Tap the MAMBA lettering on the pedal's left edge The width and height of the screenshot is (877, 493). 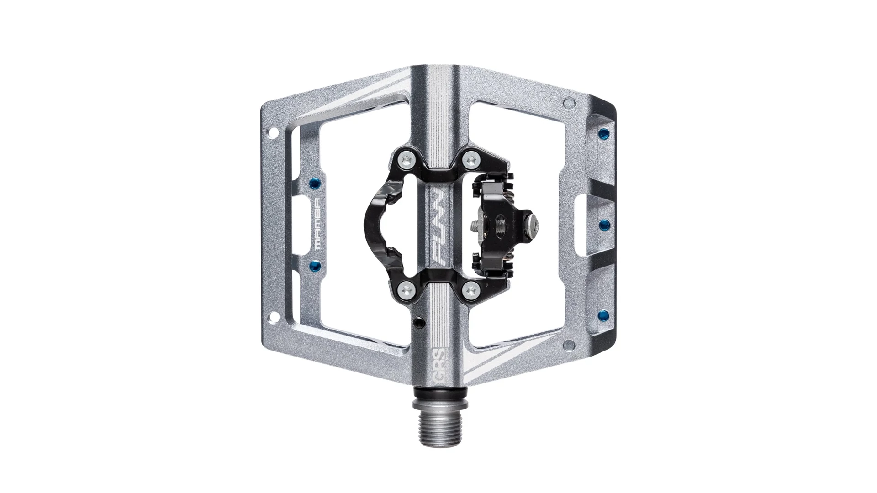point(320,223)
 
